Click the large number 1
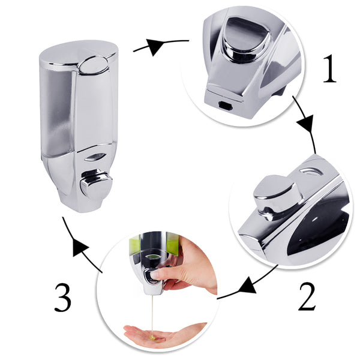[x=329, y=68]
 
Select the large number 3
[x=62, y=298]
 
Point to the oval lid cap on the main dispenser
[x=94, y=65]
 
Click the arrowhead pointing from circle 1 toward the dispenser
[x=155, y=47]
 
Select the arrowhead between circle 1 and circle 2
[x=306, y=124]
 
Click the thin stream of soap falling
[x=152, y=315]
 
